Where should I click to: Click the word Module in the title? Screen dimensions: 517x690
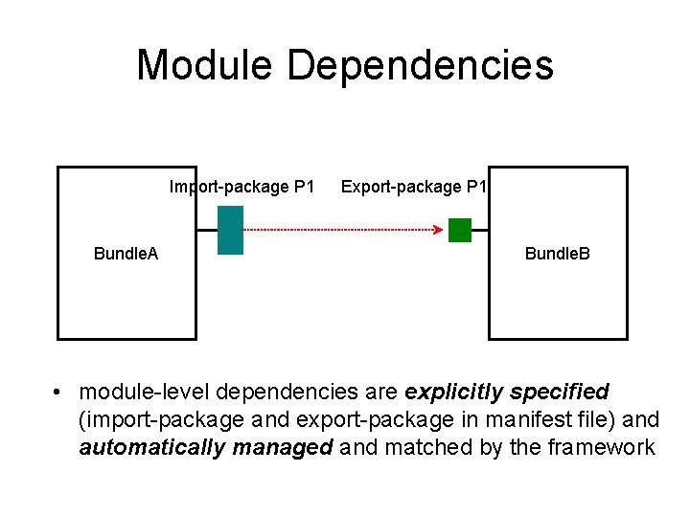coord(204,65)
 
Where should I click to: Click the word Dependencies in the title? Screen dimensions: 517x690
coord(420,65)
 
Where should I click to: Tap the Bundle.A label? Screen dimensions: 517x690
coord(126,254)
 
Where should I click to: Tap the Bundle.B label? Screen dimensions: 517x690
coord(557,254)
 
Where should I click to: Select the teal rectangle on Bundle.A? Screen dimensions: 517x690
coord(230,230)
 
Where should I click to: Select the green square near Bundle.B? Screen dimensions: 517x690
coord(460,230)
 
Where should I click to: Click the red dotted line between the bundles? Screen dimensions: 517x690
coord(335,230)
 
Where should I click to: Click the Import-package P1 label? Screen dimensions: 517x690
coord(241,187)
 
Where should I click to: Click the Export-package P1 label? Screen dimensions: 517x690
coord(414,187)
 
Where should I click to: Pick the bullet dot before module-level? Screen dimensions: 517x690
coord(58,393)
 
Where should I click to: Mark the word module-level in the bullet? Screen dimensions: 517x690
coord(145,392)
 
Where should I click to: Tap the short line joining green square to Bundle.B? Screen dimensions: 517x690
coord(480,230)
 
